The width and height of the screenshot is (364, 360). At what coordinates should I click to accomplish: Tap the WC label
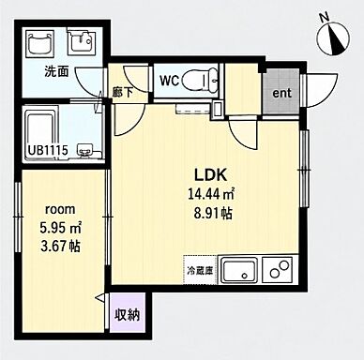tap(169, 82)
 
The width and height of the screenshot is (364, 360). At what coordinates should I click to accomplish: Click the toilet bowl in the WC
tap(200, 81)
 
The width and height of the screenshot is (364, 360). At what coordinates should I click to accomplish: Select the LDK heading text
tap(210, 175)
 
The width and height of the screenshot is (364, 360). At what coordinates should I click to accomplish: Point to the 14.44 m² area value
tap(211, 194)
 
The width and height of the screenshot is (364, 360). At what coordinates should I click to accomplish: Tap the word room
tap(60, 209)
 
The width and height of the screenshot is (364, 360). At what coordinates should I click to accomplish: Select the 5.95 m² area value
tap(60, 228)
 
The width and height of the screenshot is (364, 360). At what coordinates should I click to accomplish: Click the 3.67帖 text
tap(60, 247)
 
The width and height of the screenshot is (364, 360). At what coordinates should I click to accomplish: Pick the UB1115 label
tap(48, 151)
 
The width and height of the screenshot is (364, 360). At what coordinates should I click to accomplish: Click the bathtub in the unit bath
tap(40, 130)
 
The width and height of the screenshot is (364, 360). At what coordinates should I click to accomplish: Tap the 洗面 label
tap(56, 72)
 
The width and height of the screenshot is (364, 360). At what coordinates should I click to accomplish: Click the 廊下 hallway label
tap(123, 93)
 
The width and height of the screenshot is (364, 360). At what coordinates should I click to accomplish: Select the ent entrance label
tap(281, 93)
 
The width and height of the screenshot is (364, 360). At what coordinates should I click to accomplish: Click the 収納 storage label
tap(128, 314)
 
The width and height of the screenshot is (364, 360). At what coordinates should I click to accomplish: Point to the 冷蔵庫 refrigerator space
tap(200, 270)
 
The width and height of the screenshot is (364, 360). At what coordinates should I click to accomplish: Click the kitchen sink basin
tap(239, 270)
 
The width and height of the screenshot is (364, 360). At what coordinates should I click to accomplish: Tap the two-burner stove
tap(277, 270)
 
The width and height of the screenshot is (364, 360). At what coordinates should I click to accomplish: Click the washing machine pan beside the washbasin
tap(40, 42)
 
